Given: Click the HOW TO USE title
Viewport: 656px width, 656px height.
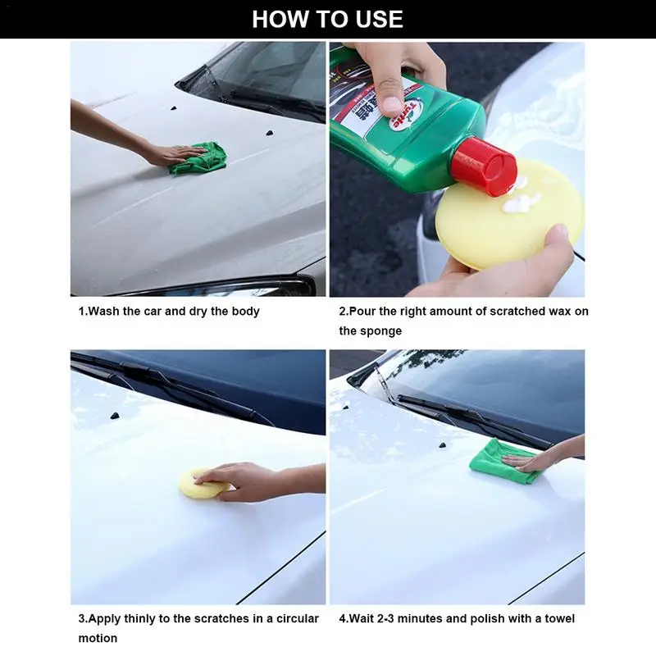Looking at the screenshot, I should tap(327, 19).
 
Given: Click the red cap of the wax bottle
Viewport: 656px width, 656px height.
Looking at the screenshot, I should tap(485, 166).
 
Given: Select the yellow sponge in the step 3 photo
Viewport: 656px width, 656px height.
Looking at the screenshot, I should tap(201, 484).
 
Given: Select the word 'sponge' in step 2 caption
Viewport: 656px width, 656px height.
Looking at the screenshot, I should tap(382, 330).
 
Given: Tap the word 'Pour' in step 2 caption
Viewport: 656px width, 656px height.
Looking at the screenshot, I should tap(365, 312).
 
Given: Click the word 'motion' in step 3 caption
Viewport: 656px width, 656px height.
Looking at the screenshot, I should tap(98, 638).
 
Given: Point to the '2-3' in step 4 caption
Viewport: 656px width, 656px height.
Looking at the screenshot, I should tap(394, 618).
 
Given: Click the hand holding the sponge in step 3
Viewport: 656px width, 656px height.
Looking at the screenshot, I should tap(246, 480).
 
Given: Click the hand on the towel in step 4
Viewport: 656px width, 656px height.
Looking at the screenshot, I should tap(537, 459).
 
